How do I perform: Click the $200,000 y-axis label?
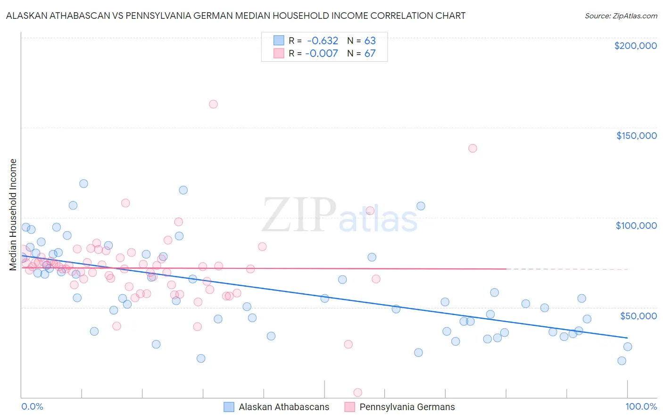tap(635, 46)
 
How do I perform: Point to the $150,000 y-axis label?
tap(636, 136)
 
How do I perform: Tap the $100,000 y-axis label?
tap(636, 226)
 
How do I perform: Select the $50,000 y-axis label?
tap(638, 315)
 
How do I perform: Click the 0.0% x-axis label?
tap(32, 406)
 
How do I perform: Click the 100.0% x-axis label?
tap(641, 406)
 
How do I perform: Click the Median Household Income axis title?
tap(13, 215)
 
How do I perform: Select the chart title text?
tap(236, 16)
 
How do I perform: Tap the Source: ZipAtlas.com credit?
tap(621, 16)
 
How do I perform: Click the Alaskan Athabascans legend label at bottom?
tap(284, 407)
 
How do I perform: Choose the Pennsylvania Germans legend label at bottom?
tap(407, 407)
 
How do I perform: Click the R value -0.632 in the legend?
tap(322, 41)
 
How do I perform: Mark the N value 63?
tap(370, 41)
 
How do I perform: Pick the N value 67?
tap(370, 53)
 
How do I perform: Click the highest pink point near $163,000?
tap(213, 104)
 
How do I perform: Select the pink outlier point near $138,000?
tap(472, 148)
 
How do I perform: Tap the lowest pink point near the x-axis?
tap(358, 393)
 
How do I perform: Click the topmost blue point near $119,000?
tap(83, 184)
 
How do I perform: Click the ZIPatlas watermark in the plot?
tap(340, 215)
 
